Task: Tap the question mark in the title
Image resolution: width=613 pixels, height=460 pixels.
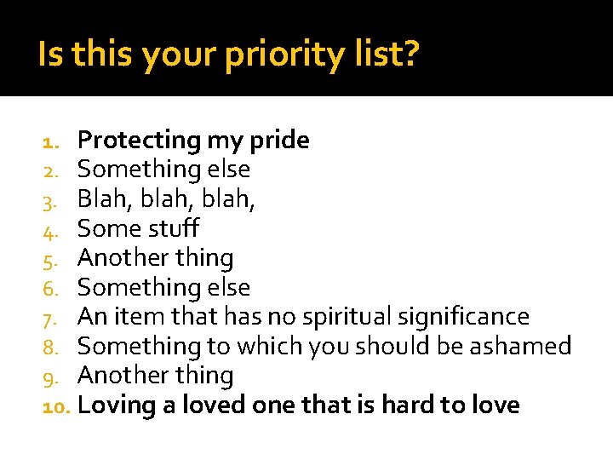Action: pyautogui.click(x=410, y=55)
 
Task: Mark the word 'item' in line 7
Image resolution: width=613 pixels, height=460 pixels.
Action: pyautogui.click(x=129, y=317)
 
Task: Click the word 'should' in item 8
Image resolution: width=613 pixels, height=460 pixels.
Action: pyautogui.click(x=394, y=346)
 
